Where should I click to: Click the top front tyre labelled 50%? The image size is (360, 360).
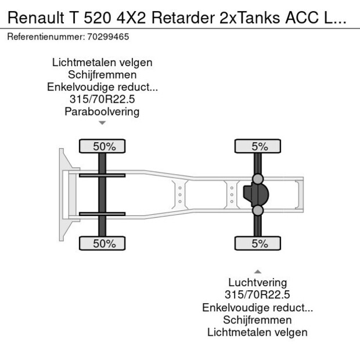(x=105, y=146)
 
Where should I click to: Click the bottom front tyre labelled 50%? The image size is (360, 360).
(x=105, y=244)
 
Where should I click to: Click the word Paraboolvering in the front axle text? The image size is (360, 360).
(x=102, y=111)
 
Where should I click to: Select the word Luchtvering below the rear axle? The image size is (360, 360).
(x=257, y=283)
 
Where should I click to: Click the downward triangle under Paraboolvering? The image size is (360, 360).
(x=102, y=123)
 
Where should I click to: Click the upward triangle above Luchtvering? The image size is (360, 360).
(x=258, y=271)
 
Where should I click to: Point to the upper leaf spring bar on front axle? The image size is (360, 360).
(x=103, y=175)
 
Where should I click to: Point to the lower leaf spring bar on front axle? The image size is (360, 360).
(x=103, y=214)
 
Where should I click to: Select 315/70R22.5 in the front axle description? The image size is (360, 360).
(x=102, y=99)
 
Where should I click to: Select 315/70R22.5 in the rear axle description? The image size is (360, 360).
(x=257, y=295)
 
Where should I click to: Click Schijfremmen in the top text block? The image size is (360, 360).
(x=102, y=75)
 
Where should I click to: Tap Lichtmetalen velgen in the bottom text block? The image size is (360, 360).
(x=257, y=332)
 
